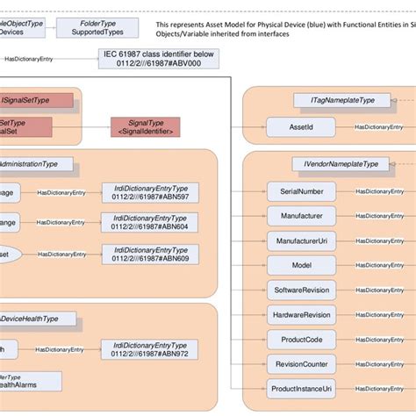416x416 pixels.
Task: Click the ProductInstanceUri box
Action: coord(300,388)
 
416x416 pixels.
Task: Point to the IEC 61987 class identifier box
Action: coord(159,59)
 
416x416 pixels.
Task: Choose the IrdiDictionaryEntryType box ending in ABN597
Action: coord(150,192)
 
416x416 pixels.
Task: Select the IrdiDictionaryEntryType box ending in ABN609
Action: coord(150,254)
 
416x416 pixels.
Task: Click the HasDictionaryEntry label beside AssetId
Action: coord(378,127)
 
